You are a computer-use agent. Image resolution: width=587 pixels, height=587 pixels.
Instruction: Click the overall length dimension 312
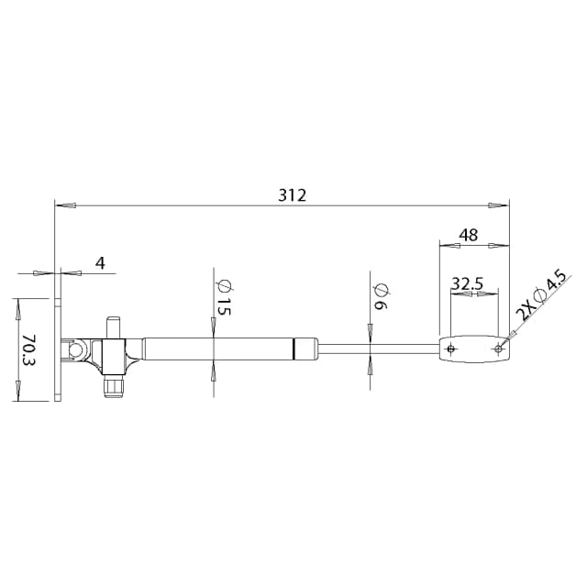click(292, 195)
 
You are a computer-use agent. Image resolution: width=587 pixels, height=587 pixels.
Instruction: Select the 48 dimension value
click(468, 236)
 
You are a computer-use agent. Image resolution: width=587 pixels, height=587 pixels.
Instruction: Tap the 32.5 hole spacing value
click(467, 283)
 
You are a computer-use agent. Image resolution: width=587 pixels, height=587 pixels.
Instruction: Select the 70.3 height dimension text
click(28, 349)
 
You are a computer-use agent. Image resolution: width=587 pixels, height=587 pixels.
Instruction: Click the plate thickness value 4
click(100, 263)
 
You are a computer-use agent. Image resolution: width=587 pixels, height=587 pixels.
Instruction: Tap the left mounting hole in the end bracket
click(450, 349)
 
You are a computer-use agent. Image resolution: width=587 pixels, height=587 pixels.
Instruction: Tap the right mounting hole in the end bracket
click(498, 349)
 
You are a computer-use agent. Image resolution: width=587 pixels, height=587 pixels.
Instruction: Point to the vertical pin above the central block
click(114, 327)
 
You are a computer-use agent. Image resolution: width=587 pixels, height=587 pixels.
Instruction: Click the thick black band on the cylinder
click(293, 349)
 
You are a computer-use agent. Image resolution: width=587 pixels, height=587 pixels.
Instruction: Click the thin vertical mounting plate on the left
click(59, 349)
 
